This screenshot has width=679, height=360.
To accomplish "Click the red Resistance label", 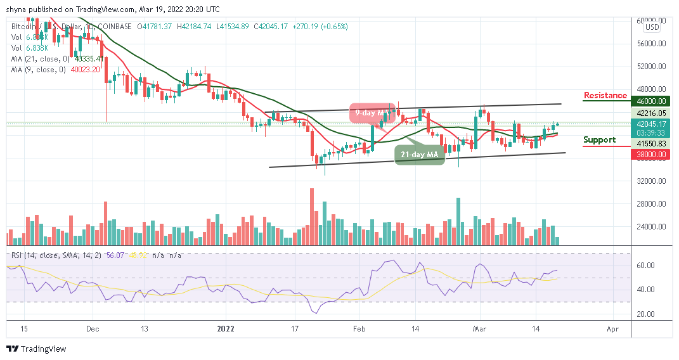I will point(605,96).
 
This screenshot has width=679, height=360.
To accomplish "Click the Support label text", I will point(600,140).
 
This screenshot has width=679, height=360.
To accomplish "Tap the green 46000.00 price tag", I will point(652,101).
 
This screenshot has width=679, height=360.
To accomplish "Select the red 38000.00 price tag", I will point(652,155).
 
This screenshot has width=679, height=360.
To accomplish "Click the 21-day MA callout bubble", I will point(417,154).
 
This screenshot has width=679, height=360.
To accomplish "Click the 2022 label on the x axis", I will point(226,330).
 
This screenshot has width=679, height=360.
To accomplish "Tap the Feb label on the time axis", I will point(359,330).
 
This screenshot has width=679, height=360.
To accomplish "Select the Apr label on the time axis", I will point(612,330).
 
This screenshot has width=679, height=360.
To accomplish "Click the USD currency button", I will point(652,27).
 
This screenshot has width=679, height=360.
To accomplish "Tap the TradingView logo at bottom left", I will point(36,349).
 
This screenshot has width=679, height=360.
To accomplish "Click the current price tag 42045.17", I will point(652,124).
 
